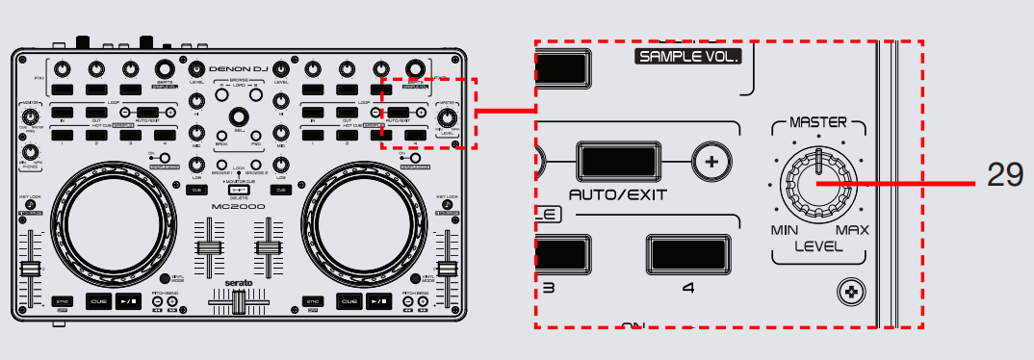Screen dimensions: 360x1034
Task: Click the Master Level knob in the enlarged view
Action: click(x=816, y=184)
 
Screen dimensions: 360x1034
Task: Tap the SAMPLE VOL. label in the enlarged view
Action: click(x=686, y=57)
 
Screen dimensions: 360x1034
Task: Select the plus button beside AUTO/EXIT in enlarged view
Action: click(x=711, y=162)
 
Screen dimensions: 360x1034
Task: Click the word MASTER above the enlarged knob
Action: click(x=817, y=123)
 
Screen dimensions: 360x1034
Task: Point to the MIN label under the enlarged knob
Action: click(x=785, y=231)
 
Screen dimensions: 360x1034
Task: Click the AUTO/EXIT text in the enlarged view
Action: click(x=618, y=194)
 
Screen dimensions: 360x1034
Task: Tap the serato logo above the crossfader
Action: click(x=237, y=283)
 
